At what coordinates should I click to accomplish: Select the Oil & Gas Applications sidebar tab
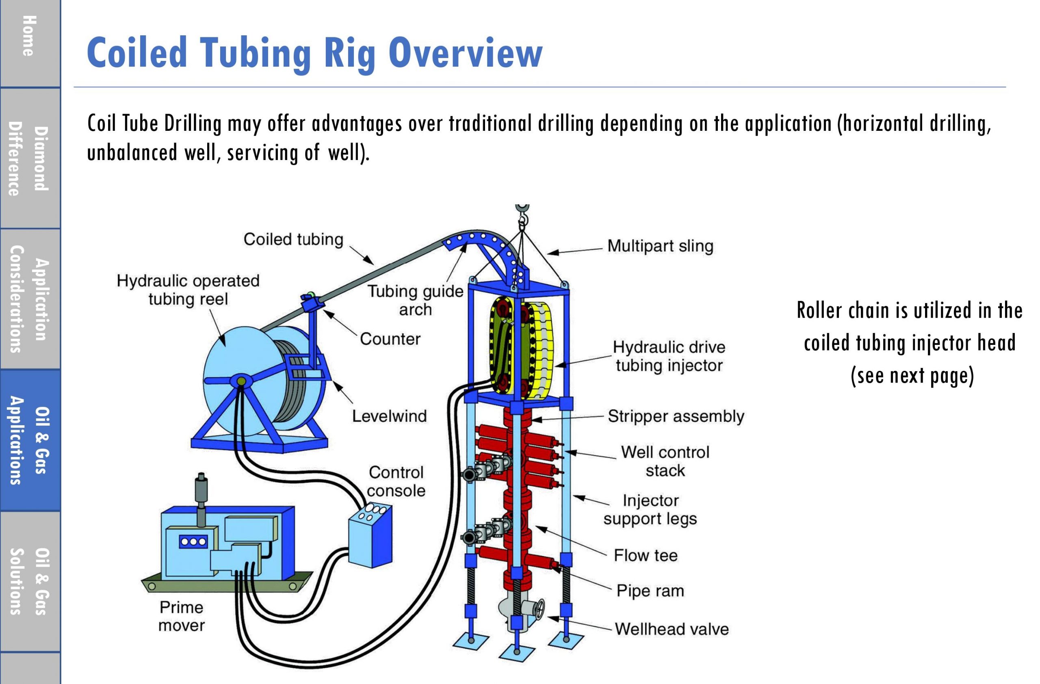[x=30, y=440]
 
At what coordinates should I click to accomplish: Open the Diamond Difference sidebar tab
[x=30, y=158]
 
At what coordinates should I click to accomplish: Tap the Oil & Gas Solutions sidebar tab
[x=30, y=581]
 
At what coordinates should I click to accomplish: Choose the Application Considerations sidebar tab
[x=30, y=299]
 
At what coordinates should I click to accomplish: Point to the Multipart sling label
[x=660, y=246]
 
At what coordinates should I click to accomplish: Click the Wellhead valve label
[x=672, y=629]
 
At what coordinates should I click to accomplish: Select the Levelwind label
[x=389, y=416]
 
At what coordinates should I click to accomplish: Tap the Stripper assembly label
[x=676, y=417]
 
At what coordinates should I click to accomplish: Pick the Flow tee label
[x=646, y=555]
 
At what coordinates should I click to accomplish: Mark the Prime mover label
[x=181, y=616]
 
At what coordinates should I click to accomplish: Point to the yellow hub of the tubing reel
[x=240, y=381]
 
